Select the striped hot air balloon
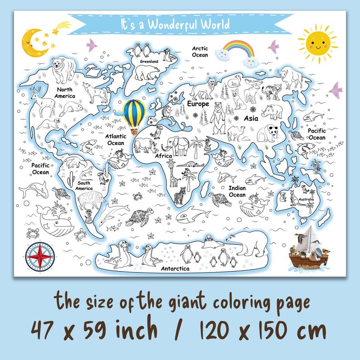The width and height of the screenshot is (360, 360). click(x=135, y=115)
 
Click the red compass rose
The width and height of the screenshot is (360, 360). click(x=40, y=255)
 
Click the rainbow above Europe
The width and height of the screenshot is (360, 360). click(x=239, y=49)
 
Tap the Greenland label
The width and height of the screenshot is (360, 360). click(x=149, y=61)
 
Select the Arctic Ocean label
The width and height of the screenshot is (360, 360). click(x=200, y=52)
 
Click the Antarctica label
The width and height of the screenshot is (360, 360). click(x=175, y=268)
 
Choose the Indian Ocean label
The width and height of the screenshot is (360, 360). click(x=237, y=191)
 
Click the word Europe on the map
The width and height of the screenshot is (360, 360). click(x=198, y=104)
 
